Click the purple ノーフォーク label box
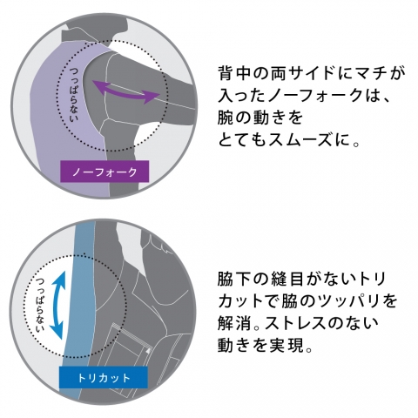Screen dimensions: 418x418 104,172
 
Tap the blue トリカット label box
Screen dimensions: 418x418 104,377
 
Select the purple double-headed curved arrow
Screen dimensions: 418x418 126,92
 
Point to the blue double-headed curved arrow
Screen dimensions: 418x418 58,305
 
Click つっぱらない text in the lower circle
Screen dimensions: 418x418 40,305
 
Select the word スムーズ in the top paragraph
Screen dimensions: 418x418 300,140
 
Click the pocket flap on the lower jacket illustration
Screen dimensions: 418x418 129,331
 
